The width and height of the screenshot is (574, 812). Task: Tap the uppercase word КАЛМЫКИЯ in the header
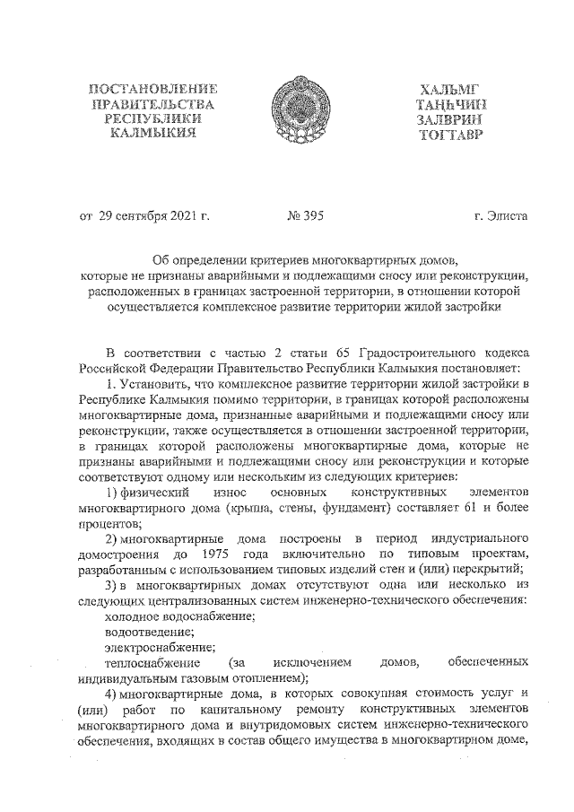(153, 134)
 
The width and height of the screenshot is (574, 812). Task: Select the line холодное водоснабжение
(180, 616)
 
